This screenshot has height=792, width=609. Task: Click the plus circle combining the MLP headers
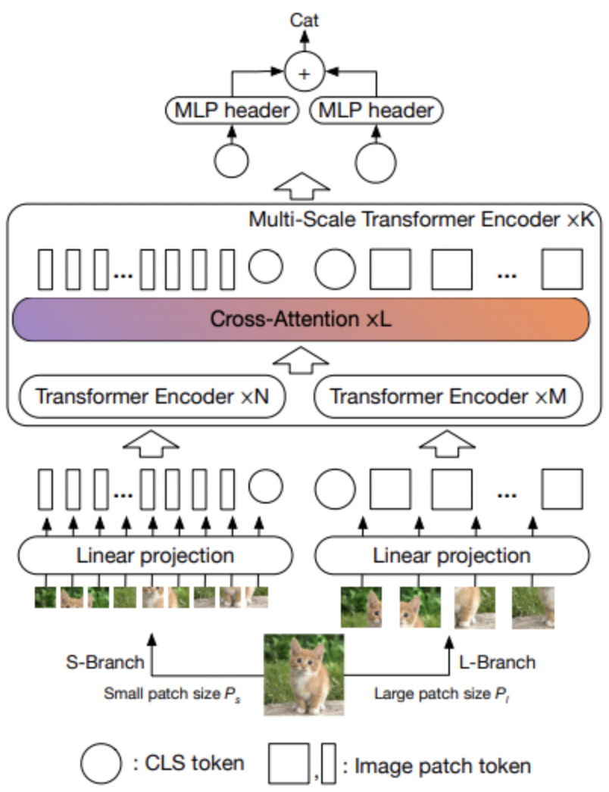pos(304,73)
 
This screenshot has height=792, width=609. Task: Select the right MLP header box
pos(376,111)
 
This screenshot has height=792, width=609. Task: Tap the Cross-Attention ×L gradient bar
pos(301,319)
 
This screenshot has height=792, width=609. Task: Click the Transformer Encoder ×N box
pos(152,396)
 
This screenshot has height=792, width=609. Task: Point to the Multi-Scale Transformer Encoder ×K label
pos(421,220)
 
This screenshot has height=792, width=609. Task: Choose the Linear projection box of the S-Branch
pos(155,557)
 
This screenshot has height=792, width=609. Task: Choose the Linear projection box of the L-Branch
pos(452,557)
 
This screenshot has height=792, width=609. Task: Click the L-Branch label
pos(497,663)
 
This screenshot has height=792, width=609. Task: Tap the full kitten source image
pos(304,675)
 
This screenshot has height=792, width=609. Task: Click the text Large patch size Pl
pos(442,692)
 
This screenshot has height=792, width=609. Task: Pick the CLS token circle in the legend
pos(101,763)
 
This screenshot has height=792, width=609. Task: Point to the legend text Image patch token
pos(436,765)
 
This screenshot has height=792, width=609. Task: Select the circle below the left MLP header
pos(231,159)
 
